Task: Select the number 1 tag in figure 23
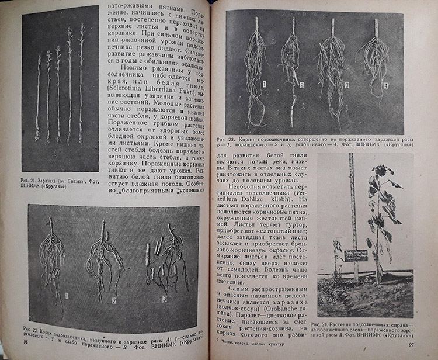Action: click(263, 84)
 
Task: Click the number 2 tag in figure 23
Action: click(302, 85)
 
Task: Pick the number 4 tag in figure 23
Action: click(385, 85)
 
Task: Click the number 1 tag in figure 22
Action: click(67, 296)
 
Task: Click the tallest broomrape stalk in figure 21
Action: click(81, 82)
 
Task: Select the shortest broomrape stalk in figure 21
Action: click(38, 96)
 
